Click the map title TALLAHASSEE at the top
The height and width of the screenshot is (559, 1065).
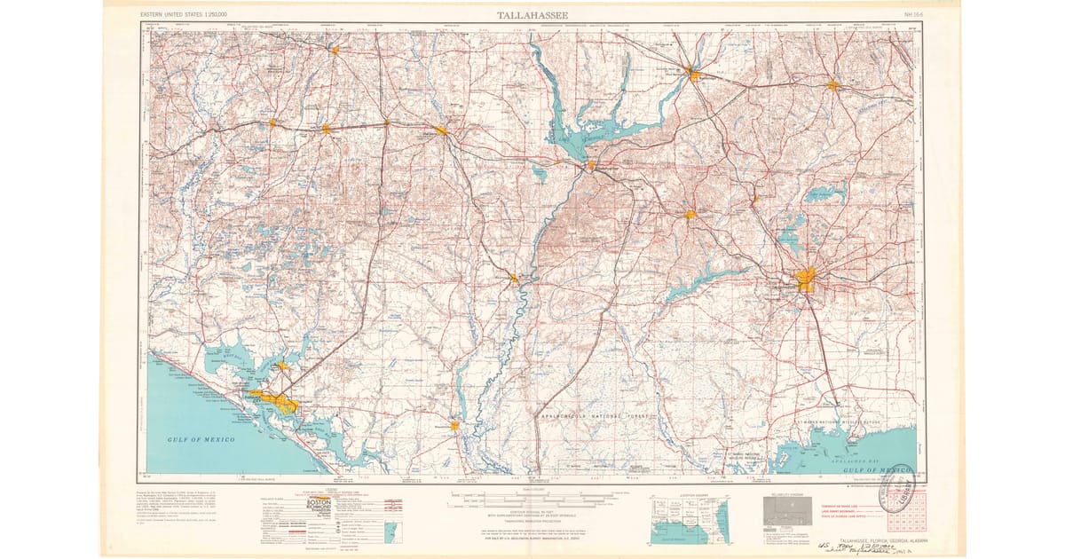pos(532,14)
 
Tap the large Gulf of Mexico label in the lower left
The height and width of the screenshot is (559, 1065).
pos(203,439)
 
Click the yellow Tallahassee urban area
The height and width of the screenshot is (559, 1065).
pos(806,279)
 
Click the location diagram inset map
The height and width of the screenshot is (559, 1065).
pos(689,520)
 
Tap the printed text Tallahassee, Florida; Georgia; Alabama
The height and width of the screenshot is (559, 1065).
pos(873,539)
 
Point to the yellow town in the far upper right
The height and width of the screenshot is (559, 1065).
pos(832,86)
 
